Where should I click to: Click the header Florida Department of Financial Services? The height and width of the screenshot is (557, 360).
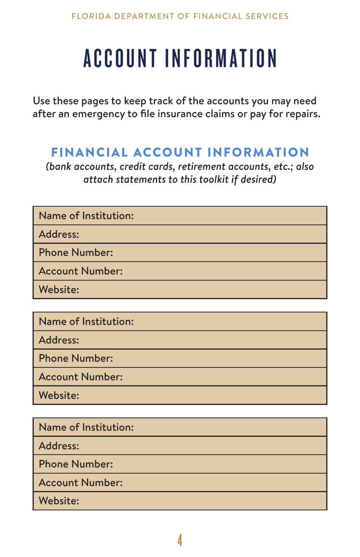coord(180,16)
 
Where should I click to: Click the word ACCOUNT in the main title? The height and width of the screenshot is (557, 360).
coord(120,59)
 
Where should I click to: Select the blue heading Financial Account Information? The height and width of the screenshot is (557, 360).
coord(180,152)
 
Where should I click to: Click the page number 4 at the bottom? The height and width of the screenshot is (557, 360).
coord(180,540)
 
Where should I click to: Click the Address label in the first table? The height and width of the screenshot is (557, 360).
coord(59,234)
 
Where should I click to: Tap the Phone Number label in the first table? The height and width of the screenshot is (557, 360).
coord(76,253)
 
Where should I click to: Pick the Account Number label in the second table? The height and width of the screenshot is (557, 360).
coord(81,377)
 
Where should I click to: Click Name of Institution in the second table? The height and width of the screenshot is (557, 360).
coord(86,322)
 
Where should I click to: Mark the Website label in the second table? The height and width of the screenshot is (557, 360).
coord(59,395)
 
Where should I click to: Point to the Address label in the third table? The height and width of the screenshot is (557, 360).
coord(59,446)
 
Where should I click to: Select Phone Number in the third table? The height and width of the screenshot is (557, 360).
coord(76,464)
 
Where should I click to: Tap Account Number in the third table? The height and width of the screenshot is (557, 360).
coord(81,483)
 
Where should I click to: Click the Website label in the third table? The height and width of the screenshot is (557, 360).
coord(59,501)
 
